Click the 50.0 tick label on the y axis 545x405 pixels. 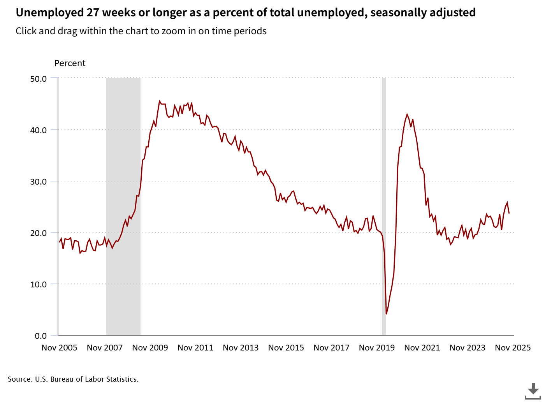(x=38, y=79)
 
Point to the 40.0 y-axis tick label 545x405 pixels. (x=38, y=130)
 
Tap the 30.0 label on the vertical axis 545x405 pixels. (x=38, y=181)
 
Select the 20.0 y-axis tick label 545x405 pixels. (x=38, y=233)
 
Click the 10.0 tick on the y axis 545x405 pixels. (x=38, y=284)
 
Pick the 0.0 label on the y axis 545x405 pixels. (x=40, y=336)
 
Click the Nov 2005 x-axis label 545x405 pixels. (x=59, y=348)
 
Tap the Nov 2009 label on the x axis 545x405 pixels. (x=150, y=348)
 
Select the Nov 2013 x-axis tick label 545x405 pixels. (x=241, y=348)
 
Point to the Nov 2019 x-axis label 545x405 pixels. (x=376, y=348)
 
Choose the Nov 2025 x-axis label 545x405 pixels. (x=513, y=348)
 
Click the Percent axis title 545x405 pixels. (x=70, y=63)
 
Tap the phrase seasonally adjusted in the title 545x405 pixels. (x=423, y=12)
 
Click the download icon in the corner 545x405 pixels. (x=533, y=391)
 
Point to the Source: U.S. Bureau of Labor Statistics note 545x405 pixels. (x=73, y=379)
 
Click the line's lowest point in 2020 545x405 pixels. (x=386, y=314)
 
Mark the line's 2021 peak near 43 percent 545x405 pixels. (x=407, y=114)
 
